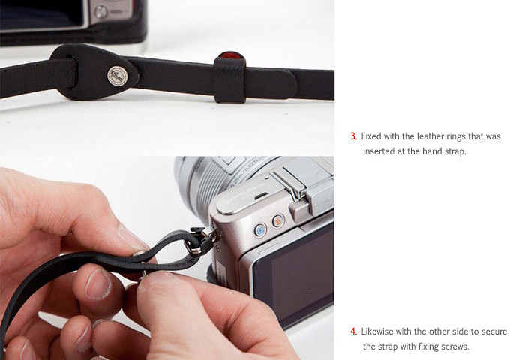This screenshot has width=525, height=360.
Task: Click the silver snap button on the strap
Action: click(x=118, y=75)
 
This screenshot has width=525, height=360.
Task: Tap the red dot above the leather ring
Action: click(x=231, y=55)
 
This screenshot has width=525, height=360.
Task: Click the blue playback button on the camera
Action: click(x=260, y=230)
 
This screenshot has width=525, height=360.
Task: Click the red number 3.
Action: click(x=353, y=136)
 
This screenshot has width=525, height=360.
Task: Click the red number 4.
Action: click(x=353, y=331)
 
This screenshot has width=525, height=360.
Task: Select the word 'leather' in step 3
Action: click(x=430, y=136)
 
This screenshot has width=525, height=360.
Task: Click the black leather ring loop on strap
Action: click(x=229, y=79)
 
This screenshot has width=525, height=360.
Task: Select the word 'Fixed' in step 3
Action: click(x=371, y=136)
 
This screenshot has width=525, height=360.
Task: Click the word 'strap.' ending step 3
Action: click(x=455, y=151)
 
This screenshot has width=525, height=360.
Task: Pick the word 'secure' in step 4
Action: click(x=494, y=331)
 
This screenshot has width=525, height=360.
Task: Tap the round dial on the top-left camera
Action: click(x=100, y=12)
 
